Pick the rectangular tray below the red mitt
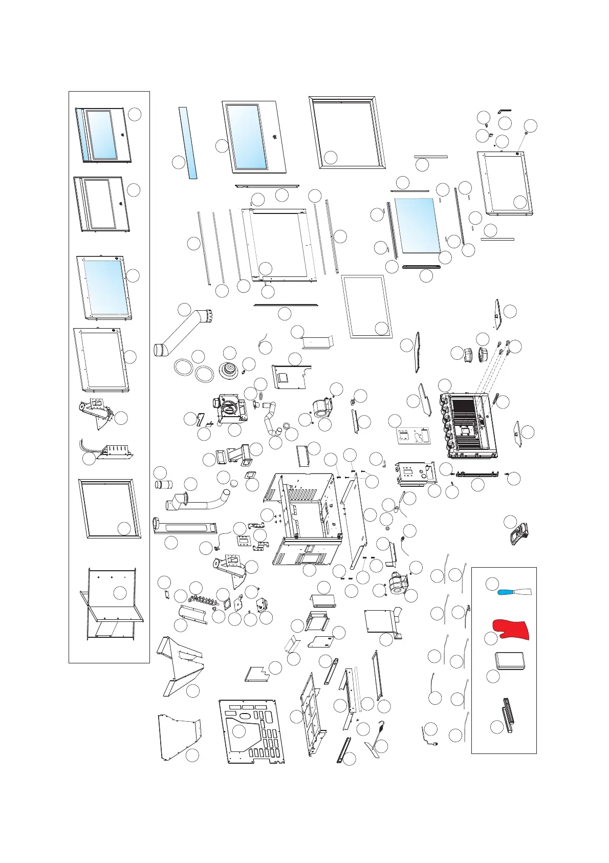(x=509, y=661)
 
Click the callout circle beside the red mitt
(x=490, y=638)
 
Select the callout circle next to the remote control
(x=510, y=522)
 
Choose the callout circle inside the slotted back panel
(x=238, y=731)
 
